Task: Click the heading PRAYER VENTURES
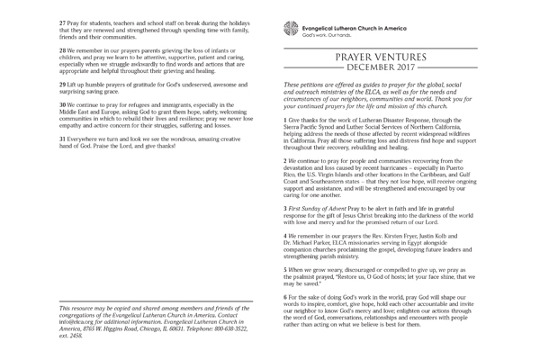[380, 57]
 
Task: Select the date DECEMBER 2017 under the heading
[379, 68]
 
